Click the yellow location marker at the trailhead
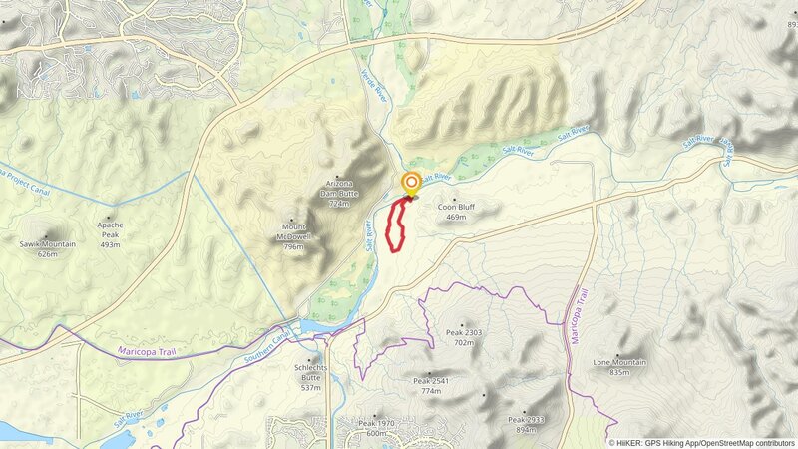[x=411, y=183]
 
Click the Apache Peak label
[x=110, y=225]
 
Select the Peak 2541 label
[x=431, y=381]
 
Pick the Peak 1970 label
[x=376, y=423]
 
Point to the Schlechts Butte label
[x=310, y=368]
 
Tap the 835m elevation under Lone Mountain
[x=619, y=372]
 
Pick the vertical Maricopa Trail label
[x=574, y=317]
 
